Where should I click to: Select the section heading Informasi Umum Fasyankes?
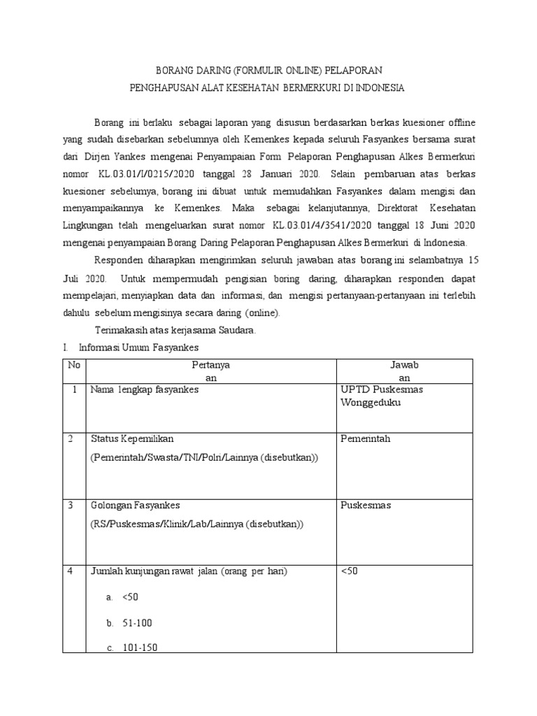(139, 347)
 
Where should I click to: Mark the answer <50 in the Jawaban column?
(349, 571)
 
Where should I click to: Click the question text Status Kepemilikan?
(132, 438)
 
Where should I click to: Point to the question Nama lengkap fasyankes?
(144, 389)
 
